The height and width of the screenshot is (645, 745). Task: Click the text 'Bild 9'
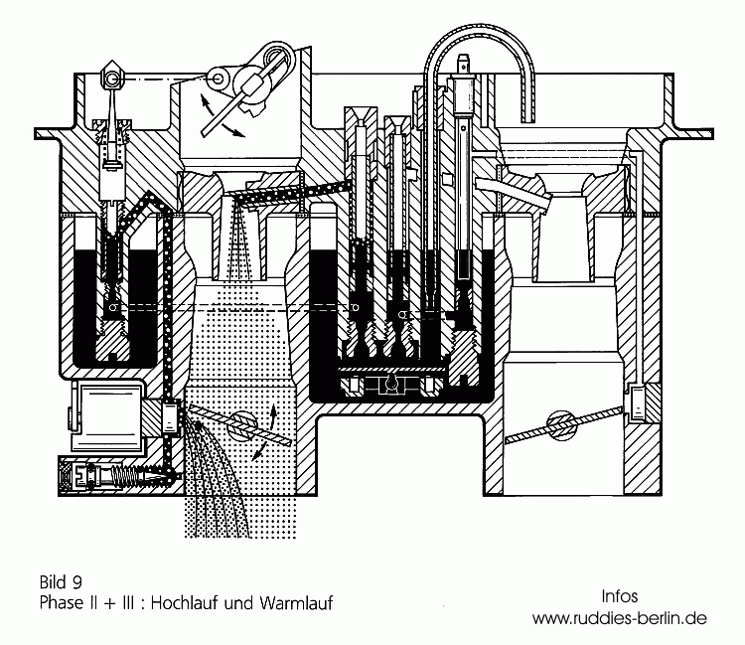point(63,582)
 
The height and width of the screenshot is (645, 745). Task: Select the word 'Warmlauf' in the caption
point(295,602)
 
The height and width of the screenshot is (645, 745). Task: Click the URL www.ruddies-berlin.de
point(619,617)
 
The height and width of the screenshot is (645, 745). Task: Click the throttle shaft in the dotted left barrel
point(237,422)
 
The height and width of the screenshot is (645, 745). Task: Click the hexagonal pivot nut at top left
point(111,75)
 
